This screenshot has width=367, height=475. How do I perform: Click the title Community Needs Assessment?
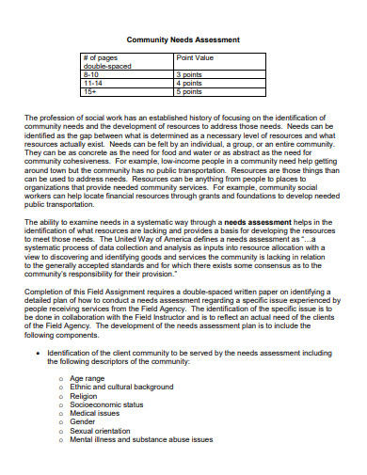(183, 40)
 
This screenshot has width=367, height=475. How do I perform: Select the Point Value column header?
(198, 58)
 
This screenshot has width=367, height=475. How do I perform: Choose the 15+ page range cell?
(91, 93)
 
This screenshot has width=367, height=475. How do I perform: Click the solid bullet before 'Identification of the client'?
(53, 354)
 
